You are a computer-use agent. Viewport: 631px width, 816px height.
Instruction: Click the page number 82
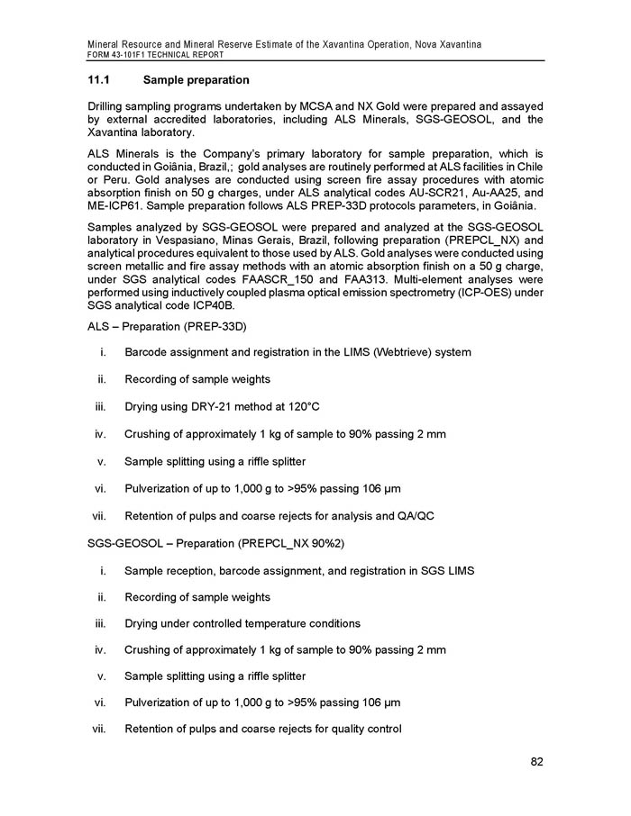click(536, 763)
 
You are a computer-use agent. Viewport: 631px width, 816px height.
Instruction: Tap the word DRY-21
click(206, 406)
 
